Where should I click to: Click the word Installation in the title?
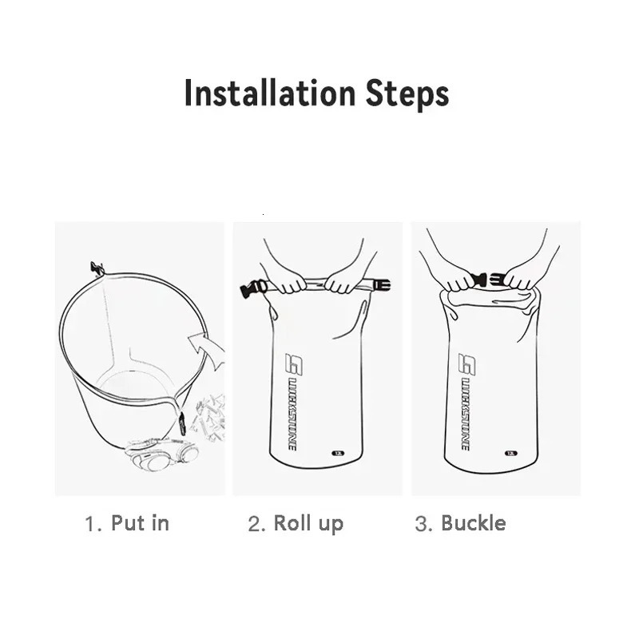coord(257,93)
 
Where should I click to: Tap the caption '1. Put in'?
coord(128,524)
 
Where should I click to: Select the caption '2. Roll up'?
coord(296,524)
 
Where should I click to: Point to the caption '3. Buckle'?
coord(461,524)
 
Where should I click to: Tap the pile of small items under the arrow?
coord(209,411)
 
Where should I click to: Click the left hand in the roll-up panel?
coord(291,280)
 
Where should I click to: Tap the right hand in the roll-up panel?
coord(345,279)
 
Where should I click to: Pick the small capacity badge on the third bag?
coord(510,453)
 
